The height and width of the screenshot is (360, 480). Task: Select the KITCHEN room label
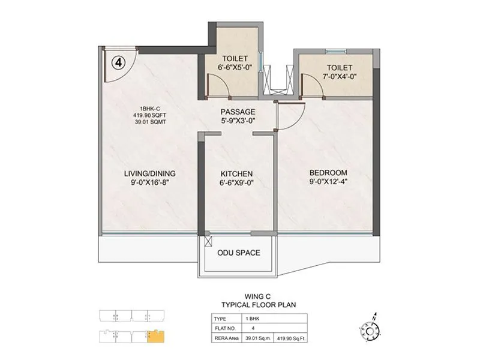(x=236, y=173)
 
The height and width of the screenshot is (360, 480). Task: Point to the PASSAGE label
(x=238, y=112)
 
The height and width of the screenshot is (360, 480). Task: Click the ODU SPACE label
(x=239, y=253)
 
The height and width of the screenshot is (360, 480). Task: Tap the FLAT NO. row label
(x=223, y=328)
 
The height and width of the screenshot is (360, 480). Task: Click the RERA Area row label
(x=225, y=338)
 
